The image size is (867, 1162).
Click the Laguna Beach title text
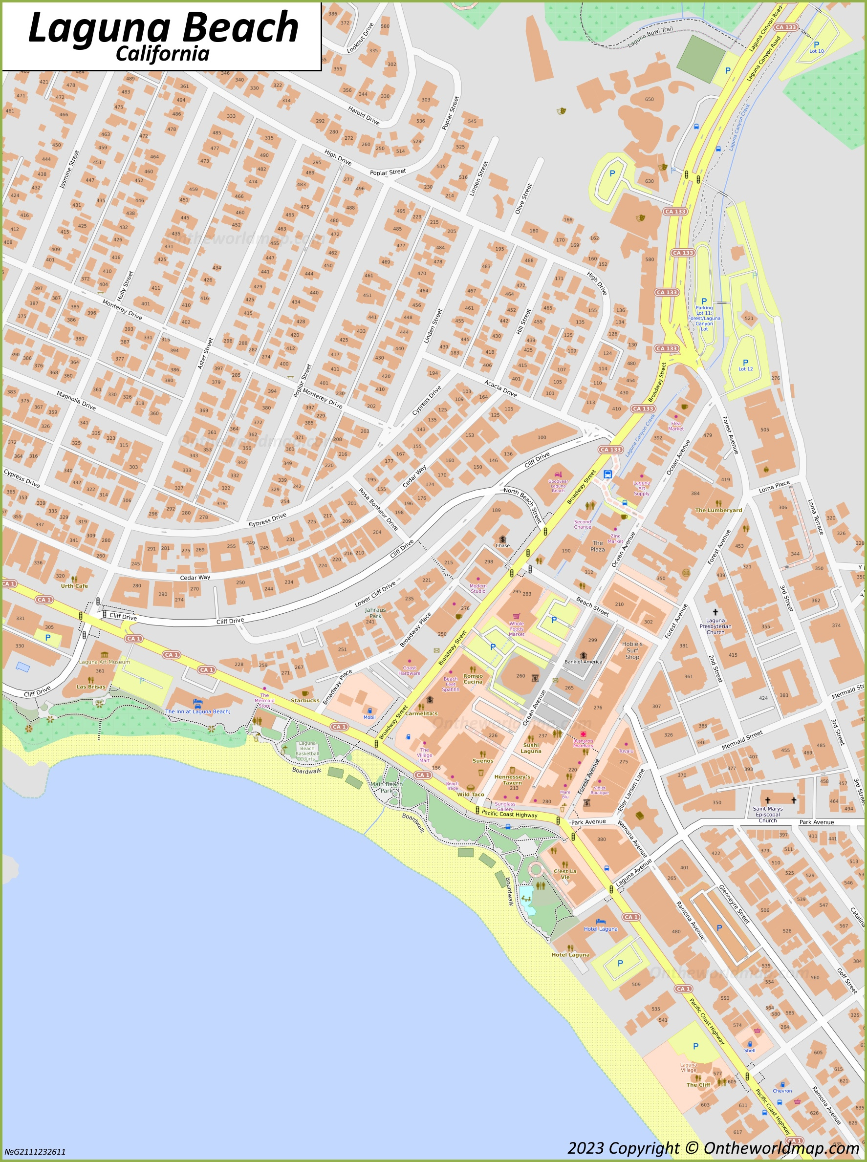(x=163, y=27)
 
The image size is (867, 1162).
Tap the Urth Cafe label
(x=74, y=586)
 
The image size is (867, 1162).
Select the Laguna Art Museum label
(x=105, y=662)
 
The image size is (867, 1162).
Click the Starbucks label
(x=305, y=700)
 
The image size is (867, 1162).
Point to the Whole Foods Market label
(x=517, y=628)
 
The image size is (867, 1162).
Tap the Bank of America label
(x=583, y=662)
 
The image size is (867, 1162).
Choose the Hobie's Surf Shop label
(x=632, y=650)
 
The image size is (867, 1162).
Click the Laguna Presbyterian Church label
(x=715, y=626)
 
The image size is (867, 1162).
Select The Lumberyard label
(x=718, y=510)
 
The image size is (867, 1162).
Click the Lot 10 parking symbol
(x=816, y=45)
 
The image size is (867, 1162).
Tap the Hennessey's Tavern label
(x=512, y=779)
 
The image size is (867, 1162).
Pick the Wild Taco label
(x=470, y=794)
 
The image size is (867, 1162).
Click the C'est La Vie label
(x=564, y=874)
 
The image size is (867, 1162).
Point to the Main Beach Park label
(x=387, y=787)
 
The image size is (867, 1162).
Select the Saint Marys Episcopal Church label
(x=767, y=814)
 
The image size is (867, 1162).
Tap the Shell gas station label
(x=749, y=1050)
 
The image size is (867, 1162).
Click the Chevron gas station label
(x=781, y=1091)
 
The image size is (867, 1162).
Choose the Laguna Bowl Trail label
(x=650, y=38)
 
